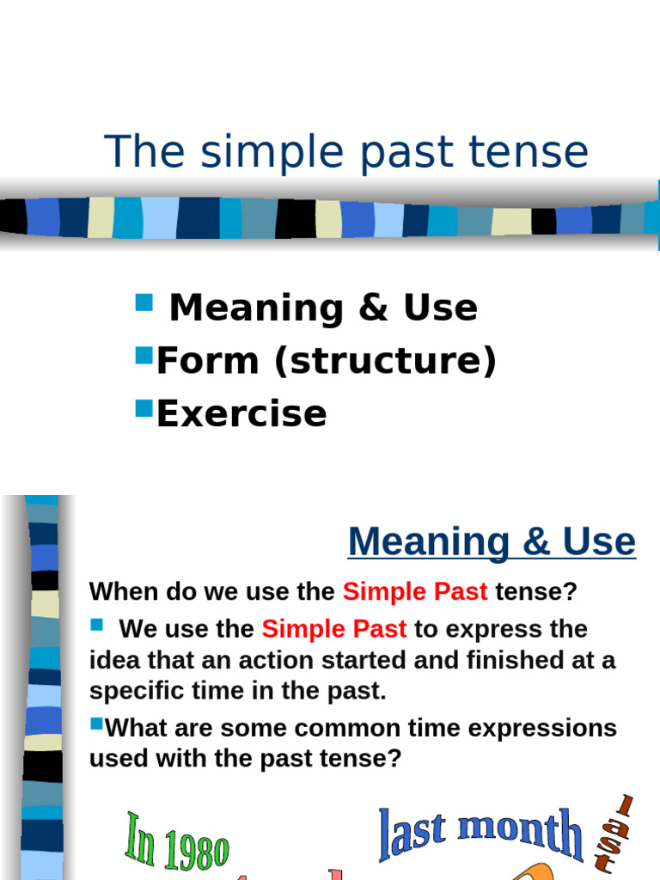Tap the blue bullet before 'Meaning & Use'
(144, 302)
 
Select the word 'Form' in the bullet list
(207, 361)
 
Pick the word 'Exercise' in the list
(241, 413)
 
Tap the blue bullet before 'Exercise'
(144, 406)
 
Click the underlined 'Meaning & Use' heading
(492, 542)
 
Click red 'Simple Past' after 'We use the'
(333, 629)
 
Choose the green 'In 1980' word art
(178, 841)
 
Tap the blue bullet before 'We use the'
(96, 624)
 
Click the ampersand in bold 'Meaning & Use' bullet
(373, 309)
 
